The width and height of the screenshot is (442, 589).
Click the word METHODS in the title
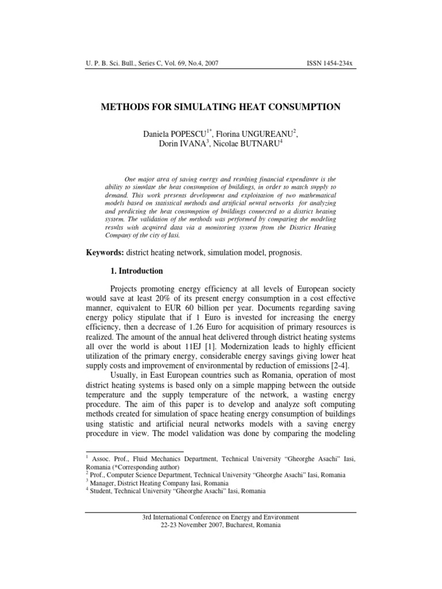(128, 106)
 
